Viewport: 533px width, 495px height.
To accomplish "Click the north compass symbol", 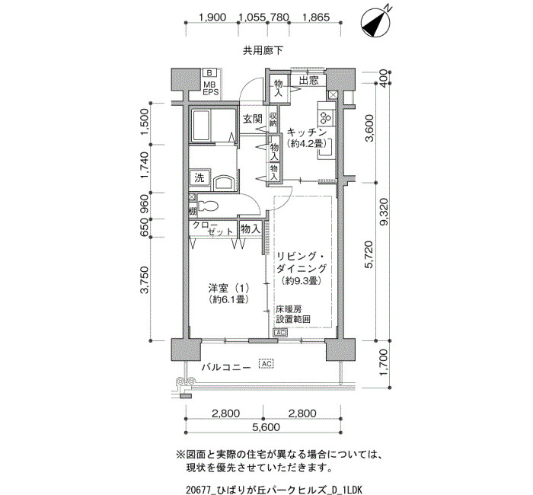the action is coord(375,22).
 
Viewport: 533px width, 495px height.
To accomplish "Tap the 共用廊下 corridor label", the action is coord(263,51).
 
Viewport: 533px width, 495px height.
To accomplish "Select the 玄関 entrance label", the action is coord(253,119).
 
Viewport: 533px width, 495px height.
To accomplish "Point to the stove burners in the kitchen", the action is coord(325,117).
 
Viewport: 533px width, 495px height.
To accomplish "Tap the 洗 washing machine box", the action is coord(199,177).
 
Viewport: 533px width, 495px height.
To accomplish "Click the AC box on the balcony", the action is coord(266,364).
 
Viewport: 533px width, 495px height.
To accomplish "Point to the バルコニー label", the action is coord(226,367).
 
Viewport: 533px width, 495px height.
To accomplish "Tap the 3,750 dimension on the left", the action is coord(144,279).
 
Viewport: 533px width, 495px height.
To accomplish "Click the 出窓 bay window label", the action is coord(309,81).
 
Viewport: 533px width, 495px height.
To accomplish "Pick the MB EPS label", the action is coord(211,88).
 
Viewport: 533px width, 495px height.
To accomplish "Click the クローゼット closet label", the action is coord(212,228).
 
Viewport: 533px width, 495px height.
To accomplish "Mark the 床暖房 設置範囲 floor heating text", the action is coord(293,315).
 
